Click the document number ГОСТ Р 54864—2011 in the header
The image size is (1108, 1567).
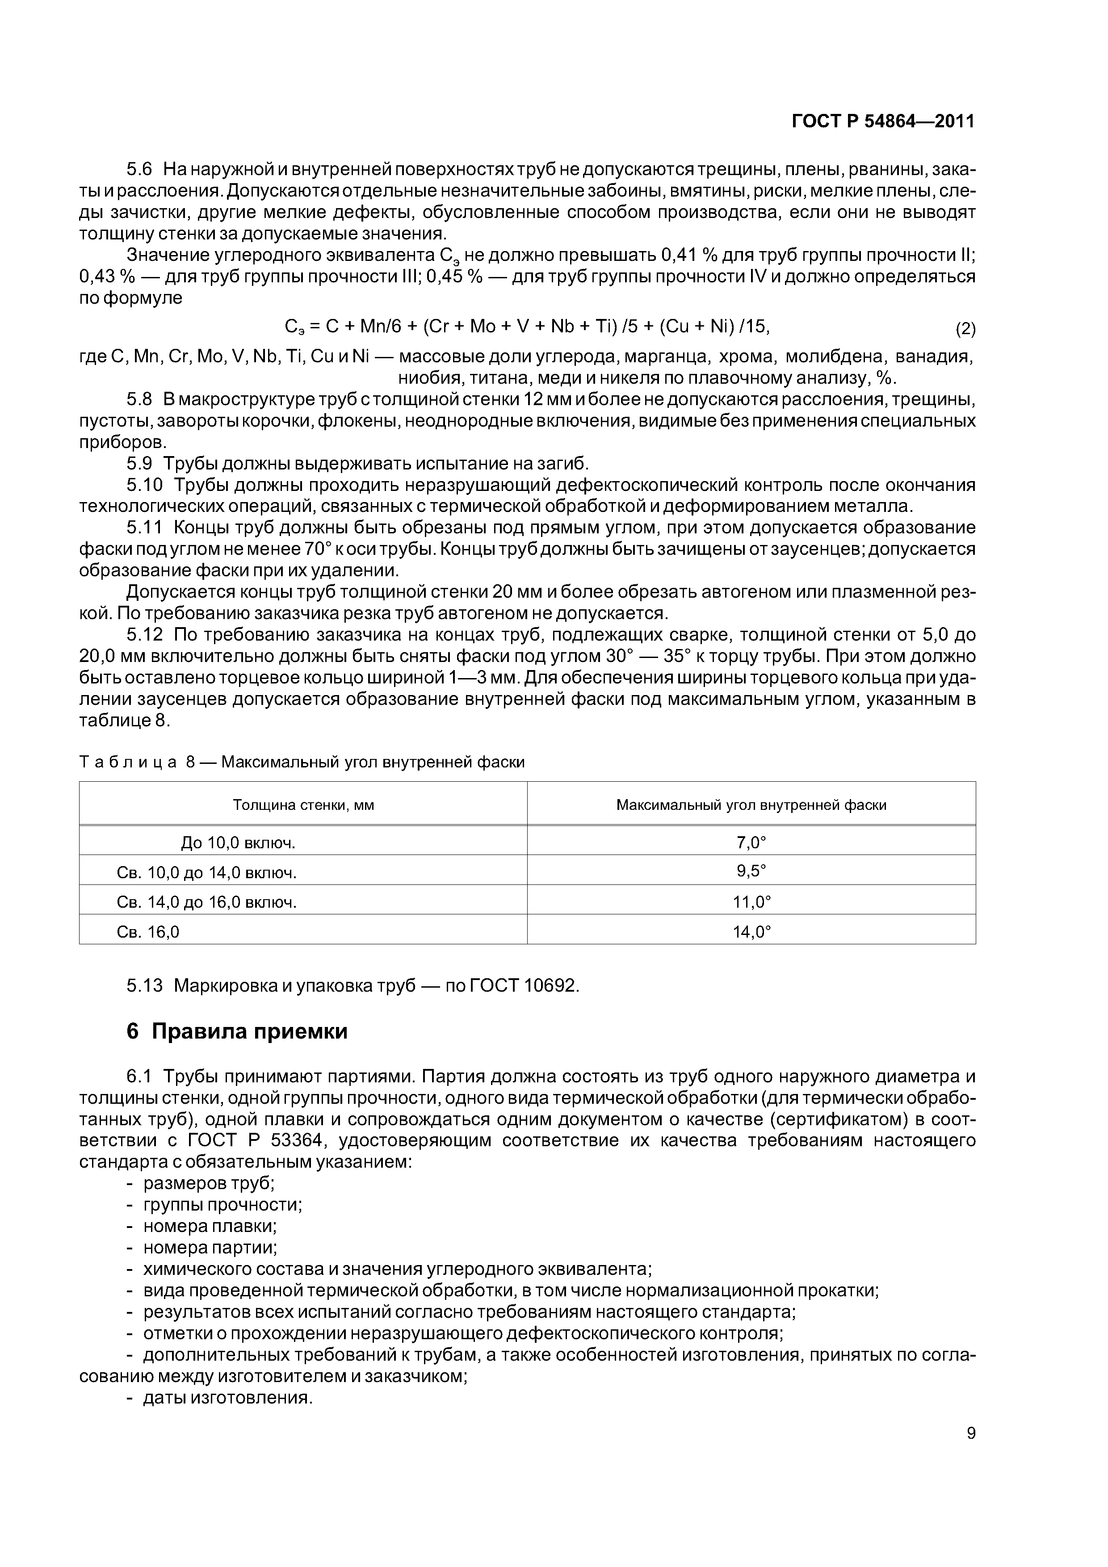point(883,122)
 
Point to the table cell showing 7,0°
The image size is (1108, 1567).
point(751,843)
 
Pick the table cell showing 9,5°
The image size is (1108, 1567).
point(751,871)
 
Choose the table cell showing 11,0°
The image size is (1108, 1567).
point(751,902)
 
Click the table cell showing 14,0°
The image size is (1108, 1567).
point(751,932)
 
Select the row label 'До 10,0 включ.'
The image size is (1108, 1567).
point(238,843)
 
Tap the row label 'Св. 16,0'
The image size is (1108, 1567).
point(148,932)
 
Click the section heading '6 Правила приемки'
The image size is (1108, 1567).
point(237,1031)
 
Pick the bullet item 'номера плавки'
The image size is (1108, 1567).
point(210,1226)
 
